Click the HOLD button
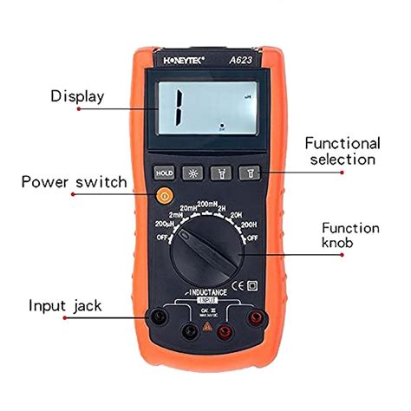click(164, 173)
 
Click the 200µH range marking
click(154, 226)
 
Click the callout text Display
click(77, 96)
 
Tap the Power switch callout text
click(74, 182)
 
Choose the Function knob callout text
click(350, 236)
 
